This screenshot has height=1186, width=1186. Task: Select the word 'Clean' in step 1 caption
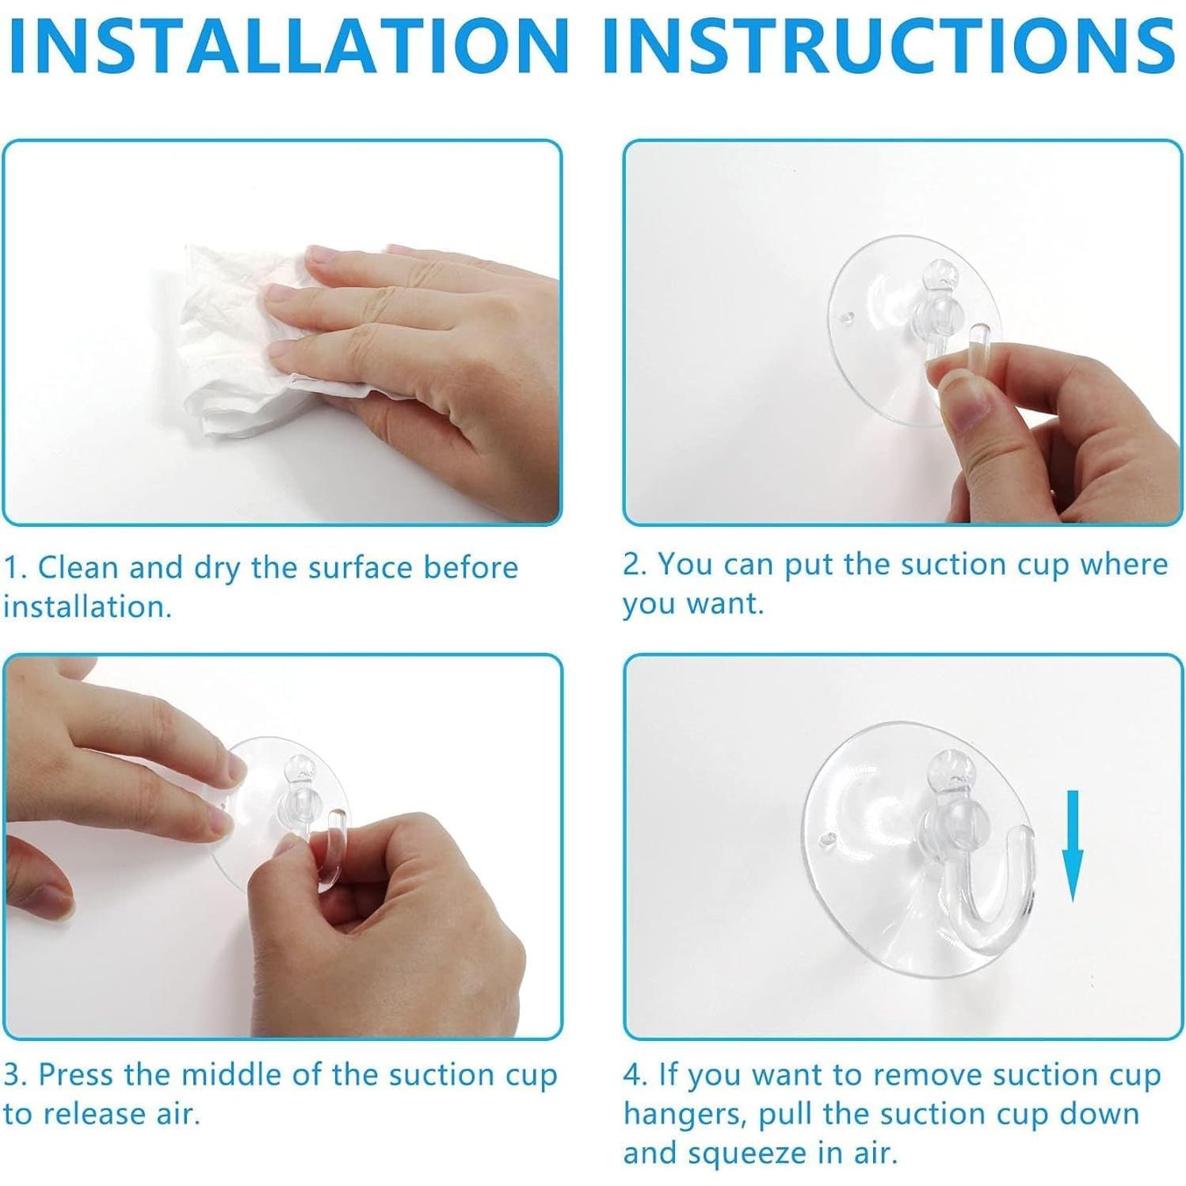[x=79, y=568]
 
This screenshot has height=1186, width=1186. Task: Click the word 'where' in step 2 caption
[x=1124, y=565]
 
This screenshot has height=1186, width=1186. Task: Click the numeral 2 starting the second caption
[x=631, y=565]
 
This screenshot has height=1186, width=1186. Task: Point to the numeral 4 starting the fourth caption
[x=631, y=1075]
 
